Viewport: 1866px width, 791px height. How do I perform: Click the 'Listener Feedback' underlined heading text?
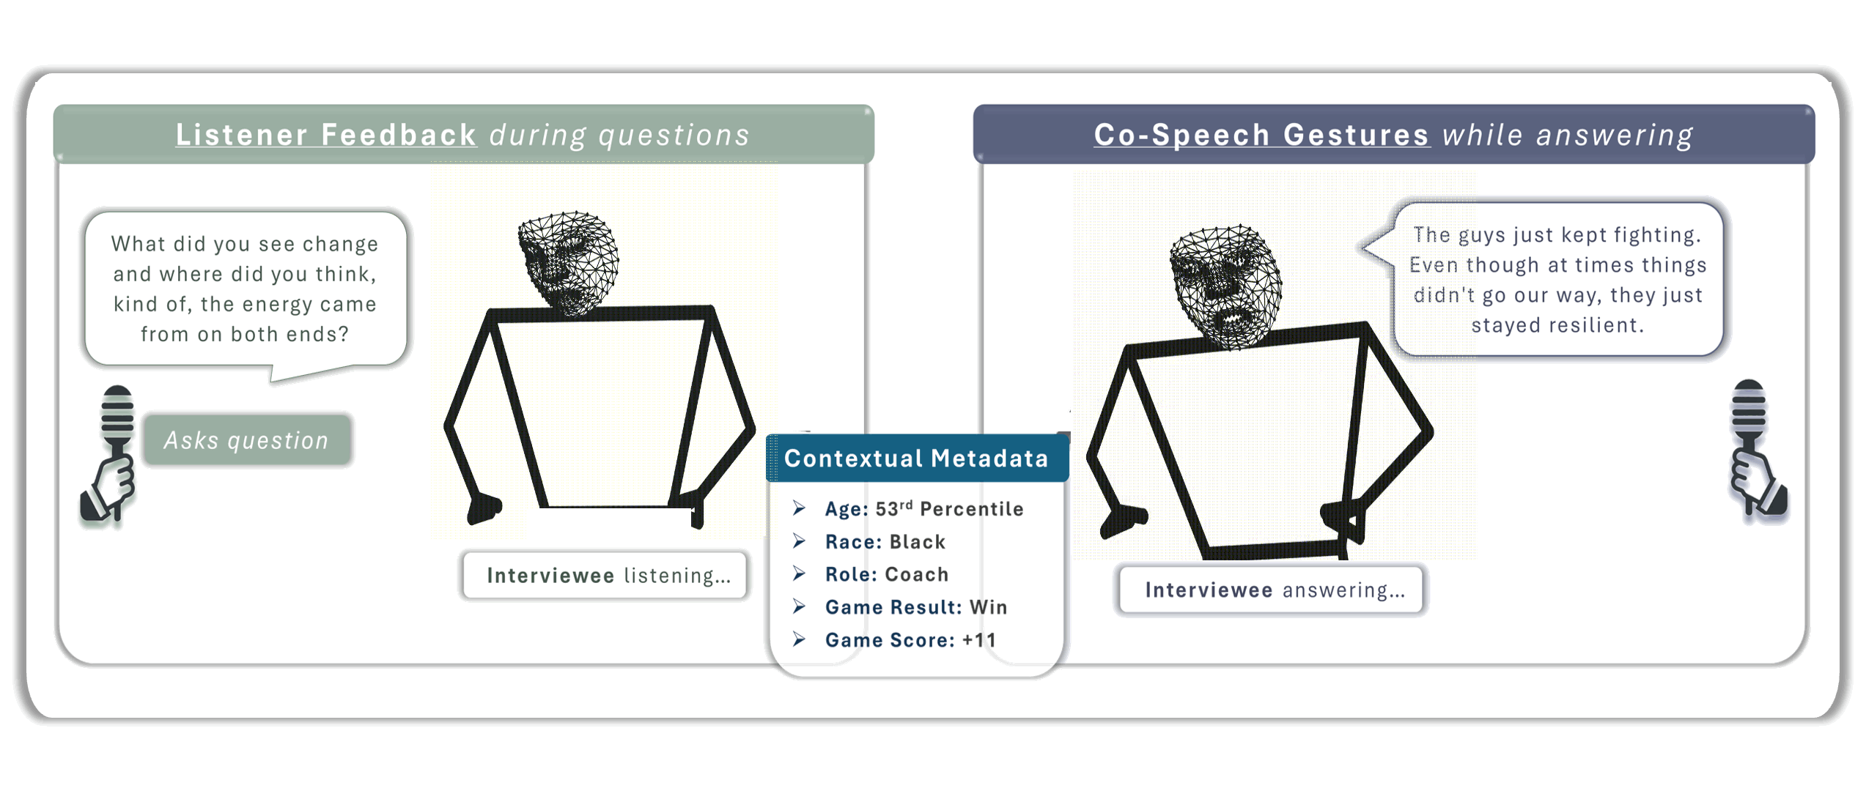(326, 135)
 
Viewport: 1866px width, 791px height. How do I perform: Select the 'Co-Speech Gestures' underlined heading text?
(1261, 135)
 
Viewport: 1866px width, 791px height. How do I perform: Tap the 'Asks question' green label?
(247, 440)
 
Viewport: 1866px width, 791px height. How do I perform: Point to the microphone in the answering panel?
(1755, 448)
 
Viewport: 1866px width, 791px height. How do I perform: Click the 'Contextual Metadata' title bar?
(916, 458)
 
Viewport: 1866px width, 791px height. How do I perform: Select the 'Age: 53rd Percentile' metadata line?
(923, 509)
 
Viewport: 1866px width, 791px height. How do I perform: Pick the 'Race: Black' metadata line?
(885, 542)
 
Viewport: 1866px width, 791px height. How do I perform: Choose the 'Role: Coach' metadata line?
(887, 574)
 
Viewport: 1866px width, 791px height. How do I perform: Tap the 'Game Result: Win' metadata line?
(916, 607)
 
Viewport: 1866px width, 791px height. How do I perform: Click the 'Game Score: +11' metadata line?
(911, 640)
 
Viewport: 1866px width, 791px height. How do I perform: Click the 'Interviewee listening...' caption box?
(606, 576)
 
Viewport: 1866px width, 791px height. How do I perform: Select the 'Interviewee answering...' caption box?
(1272, 590)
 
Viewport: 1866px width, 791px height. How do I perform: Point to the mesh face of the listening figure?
(569, 263)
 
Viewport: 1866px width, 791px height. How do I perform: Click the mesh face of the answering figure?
(1225, 286)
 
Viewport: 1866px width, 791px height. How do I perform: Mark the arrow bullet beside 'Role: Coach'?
(800, 574)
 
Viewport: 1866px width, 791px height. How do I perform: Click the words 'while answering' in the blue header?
(1568, 135)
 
